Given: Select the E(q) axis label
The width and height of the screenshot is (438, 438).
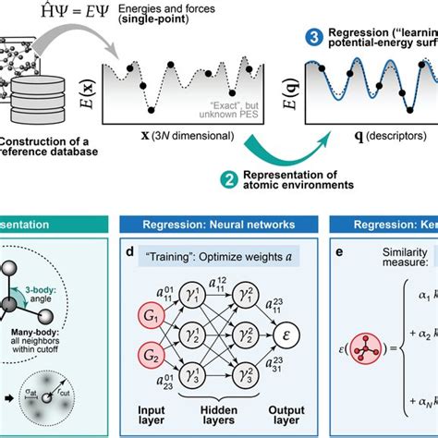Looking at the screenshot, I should tap(316, 91).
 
